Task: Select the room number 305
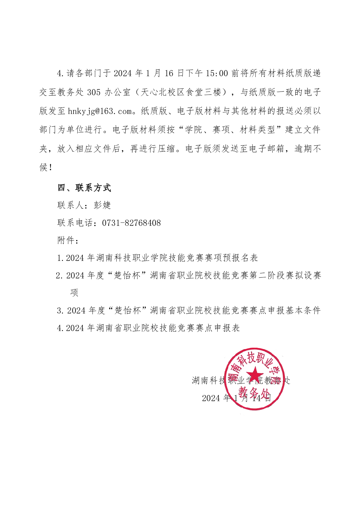pyautogui.click(x=94, y=92)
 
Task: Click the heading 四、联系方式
pyautogui.click(x=84, y=188)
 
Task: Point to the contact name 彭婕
pyautogui.click(x=102, y=205)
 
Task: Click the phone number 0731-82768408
pyautogui.click(x=131, y=223)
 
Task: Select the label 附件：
pyautogui.click(x=68, y=241)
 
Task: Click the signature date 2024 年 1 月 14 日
pyautogui.click(x=236, y=398)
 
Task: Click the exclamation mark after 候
pyautogui.click(x=50, y=167)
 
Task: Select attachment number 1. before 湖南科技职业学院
pyautogui.click(x=60, y=258)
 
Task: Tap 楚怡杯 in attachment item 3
pyautogui.click(x=128, y=311)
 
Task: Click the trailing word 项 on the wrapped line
pyautogui.click(x=74, y=293)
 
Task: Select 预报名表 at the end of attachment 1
pyautogui.click(x=240, y=258)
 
